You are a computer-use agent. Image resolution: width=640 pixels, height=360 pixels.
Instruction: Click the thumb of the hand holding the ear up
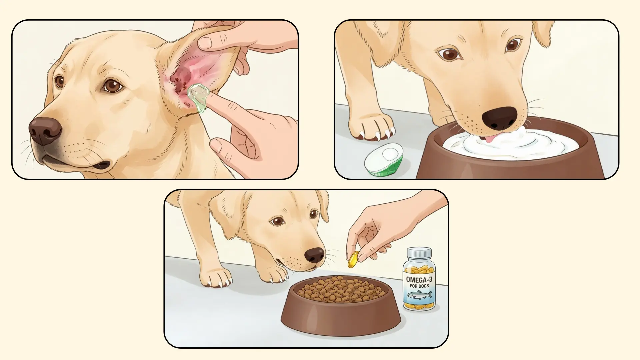click(x=213, y=42)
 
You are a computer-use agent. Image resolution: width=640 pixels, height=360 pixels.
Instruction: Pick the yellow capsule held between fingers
click(x=353, y=259)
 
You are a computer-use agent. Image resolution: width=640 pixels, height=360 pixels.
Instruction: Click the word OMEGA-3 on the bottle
click(x=419, y=279)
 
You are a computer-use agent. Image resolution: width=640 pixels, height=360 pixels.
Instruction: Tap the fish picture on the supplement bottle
click(x=419, y=295)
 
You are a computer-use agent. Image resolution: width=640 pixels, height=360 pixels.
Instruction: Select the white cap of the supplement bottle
click(x=419, y=253)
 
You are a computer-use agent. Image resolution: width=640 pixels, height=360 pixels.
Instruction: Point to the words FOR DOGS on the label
click(x=419, y=286)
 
